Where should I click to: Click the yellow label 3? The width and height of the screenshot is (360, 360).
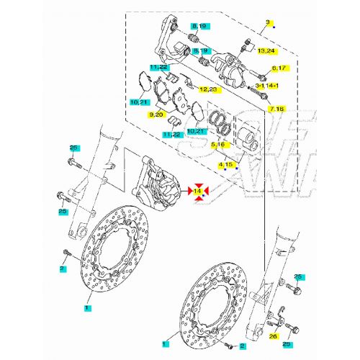coord(267,22)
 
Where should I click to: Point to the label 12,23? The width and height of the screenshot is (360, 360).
coord(210,89)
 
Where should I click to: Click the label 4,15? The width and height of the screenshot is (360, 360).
coord(226,165)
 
